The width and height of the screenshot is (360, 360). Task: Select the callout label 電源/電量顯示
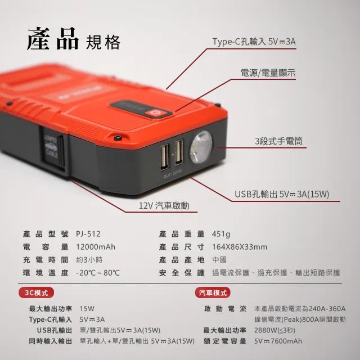[x=268, y=73]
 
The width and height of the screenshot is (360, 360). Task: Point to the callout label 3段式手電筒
[x=278, y=141]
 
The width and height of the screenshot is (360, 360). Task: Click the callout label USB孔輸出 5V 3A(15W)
[x=281, y=195]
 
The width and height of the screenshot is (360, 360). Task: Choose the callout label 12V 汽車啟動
[x=164, y=206]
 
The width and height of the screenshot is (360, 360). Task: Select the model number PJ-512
[x=88, y=234]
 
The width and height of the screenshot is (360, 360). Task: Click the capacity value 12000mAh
[x=96, y=247]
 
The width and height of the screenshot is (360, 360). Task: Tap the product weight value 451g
[x=221, y=234]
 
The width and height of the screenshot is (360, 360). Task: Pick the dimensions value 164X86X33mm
[x=240, y=247]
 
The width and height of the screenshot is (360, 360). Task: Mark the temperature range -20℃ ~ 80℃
[x=98, y=273]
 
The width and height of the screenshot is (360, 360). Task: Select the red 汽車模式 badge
[x=213, y=292]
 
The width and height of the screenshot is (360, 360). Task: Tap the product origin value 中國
[x=219, y=260]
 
